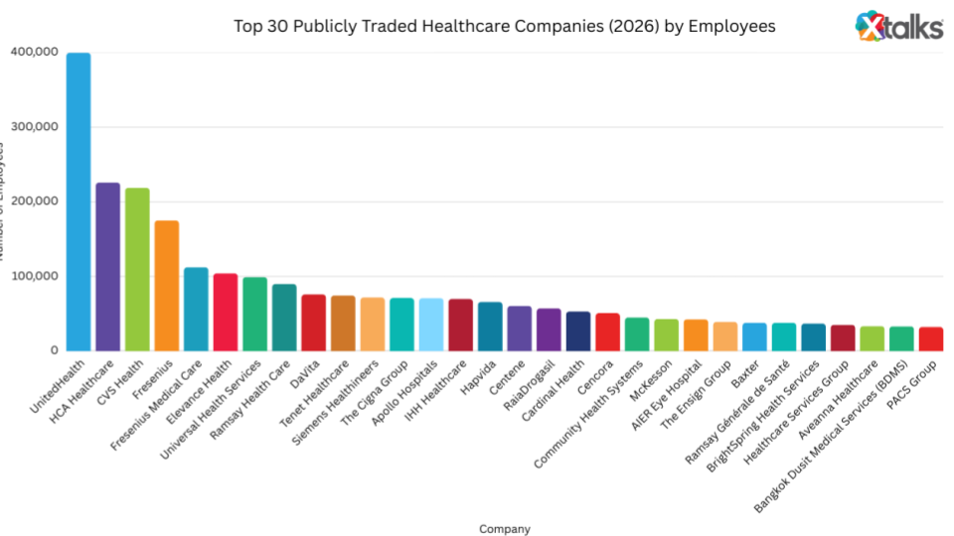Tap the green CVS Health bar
click(137, 269)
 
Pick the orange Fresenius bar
click(166, 286)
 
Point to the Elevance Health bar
click(226, 313)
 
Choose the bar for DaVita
click(314, 323)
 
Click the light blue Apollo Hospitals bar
click(431, 325)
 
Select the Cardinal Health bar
click(578, 332)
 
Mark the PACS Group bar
click(931, 338)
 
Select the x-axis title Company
click(504, 529)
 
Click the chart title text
click(504, 26)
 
